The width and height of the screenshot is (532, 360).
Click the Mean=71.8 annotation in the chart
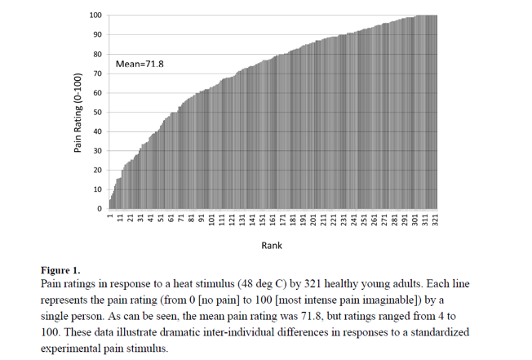click(140, 63)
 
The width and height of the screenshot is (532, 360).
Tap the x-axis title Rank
click(272, 245)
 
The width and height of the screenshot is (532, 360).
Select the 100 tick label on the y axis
click(96, 16)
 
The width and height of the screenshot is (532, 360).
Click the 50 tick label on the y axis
click(98, 113)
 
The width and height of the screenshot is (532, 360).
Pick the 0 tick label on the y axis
click(100, 209)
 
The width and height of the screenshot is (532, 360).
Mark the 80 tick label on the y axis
click(98, 55)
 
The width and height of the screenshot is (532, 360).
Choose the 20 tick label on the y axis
click(98, 171)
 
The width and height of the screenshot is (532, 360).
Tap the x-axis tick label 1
click(110, 216)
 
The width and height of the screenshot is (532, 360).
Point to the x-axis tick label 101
click(212, 220)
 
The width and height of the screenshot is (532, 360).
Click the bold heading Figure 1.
click(60, 269)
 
